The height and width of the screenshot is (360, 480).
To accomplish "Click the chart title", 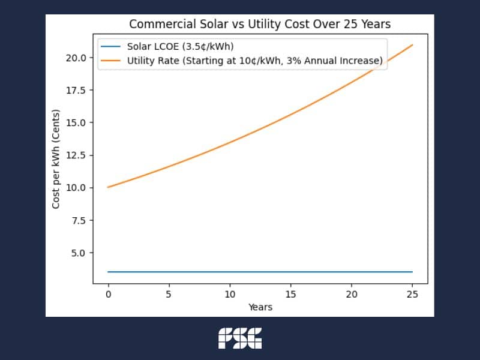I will (260, 25).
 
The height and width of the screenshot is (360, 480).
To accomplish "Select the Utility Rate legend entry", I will (254, 61).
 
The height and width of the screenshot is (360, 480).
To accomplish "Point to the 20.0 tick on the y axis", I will (76, 58).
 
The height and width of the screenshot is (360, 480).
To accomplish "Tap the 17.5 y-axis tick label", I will (76, 90).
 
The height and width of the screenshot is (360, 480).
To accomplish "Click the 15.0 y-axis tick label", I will (76, 122).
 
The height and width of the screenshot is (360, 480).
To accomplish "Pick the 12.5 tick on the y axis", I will (76, 155).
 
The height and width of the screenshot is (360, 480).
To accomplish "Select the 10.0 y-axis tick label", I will (76, 188).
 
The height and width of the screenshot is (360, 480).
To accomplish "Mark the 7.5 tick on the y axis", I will (79, 220).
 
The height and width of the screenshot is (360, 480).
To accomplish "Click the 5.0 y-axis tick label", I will (79, 253).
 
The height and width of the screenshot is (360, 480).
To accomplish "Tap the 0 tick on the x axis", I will (108, 295).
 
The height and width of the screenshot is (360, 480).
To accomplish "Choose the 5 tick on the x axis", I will (169, 295).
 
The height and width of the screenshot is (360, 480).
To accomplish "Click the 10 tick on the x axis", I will (230, 295).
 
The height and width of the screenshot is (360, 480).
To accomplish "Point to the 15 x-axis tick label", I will (290, 295).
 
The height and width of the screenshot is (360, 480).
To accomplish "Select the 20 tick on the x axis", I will (352, 295).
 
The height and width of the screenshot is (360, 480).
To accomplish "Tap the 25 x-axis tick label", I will (412, 295).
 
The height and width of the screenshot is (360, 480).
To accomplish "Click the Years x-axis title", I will (260, 307).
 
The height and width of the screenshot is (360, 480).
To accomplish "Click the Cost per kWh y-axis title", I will (56, 159).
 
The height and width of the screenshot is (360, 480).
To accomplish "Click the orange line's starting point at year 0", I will (108, 187).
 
